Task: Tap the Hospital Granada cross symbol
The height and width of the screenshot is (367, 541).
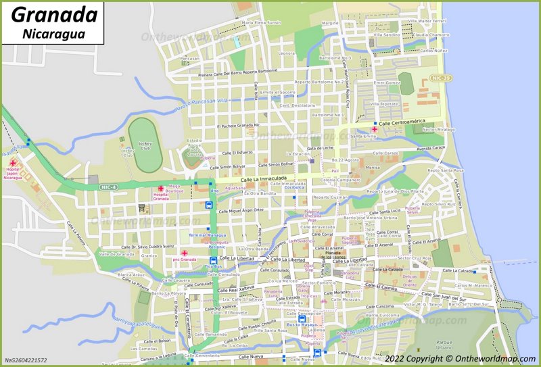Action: [x=161, y=189]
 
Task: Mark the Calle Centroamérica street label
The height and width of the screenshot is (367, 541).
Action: [x=406, y=124]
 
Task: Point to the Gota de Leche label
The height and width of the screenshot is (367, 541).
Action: [x=321, y=148]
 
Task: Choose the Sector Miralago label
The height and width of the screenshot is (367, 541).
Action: [x=438, y=129]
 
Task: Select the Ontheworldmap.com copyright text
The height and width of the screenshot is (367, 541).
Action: [x=463, y=358]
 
